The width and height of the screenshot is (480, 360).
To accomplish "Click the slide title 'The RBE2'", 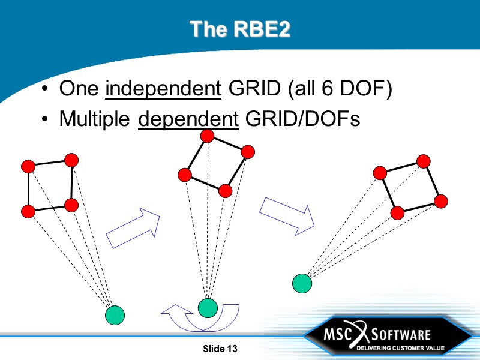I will tap(239, 29).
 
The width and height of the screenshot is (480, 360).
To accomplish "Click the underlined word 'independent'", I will tap(163, 90).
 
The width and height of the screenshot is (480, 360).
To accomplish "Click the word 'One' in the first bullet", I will tap(79, 90).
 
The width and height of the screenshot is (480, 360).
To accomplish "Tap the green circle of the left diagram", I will tap(115, 314).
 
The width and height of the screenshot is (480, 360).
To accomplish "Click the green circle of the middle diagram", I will tap(208, 308).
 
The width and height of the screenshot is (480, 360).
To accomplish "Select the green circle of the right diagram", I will tap(302, 283).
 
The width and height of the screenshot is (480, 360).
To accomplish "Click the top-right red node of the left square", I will tap(71, 160).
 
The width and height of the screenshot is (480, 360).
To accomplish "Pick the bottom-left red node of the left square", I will tap(28, 211).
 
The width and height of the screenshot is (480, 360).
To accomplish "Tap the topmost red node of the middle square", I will tap(208, 136).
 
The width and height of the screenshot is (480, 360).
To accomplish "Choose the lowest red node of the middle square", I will tap(226, 191).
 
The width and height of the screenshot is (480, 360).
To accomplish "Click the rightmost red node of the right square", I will tap(441, 201).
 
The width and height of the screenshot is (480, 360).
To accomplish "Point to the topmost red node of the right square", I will tap(424, 161).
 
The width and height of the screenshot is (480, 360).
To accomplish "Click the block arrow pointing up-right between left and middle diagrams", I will tap(133, 227).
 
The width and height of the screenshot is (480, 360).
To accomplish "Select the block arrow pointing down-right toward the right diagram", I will tap(287, 215).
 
